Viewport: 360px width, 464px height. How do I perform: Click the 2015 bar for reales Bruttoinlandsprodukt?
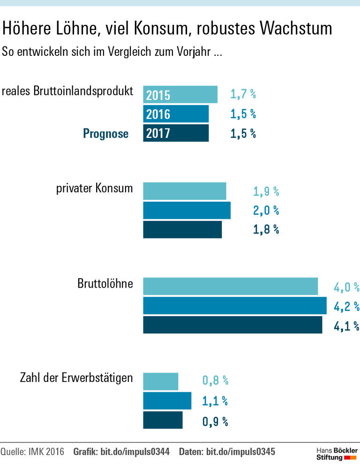coord(180,94)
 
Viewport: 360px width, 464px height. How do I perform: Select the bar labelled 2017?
coord(176,133)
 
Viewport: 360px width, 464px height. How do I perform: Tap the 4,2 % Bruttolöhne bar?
coord(234,305)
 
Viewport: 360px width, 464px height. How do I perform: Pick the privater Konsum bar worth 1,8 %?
coord(182,229)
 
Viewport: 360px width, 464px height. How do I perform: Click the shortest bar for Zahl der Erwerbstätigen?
coord(160,381)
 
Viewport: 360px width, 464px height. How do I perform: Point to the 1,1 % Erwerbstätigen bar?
coord(167,401)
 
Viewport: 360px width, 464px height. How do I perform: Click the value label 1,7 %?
coord(243,94)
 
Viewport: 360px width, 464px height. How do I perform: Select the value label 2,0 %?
coord(266,211)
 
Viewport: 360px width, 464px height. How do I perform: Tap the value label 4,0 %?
coord(346,287)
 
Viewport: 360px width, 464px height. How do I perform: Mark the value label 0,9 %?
coord(215,421)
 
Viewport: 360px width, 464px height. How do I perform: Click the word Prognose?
coord(105,134)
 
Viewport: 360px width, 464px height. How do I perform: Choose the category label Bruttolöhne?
coord(105,284)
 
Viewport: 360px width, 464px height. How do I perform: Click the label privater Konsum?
coord(94,189)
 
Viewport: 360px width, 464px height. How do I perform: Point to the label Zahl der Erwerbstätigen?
coord(76,378)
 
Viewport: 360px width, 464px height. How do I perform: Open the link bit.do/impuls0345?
coord(240,452)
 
